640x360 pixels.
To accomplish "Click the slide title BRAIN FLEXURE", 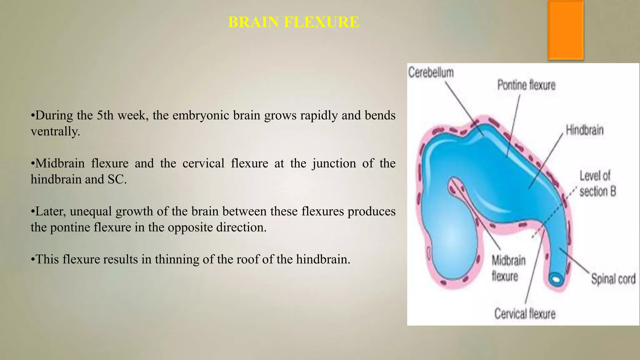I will (294, 22).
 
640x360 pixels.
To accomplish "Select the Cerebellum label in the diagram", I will (431, 72).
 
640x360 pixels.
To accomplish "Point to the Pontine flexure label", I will (526, 85).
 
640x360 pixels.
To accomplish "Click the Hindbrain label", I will (584, 130).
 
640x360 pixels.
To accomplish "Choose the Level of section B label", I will (597, 184).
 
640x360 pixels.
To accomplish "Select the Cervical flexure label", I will (525, 313).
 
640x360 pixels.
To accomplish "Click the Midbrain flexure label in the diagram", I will (508, 268).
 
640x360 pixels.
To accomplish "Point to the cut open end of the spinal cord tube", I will (556, 278).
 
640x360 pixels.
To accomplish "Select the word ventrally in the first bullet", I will (55, 131).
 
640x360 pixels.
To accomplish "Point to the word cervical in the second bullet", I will (203, 163).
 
